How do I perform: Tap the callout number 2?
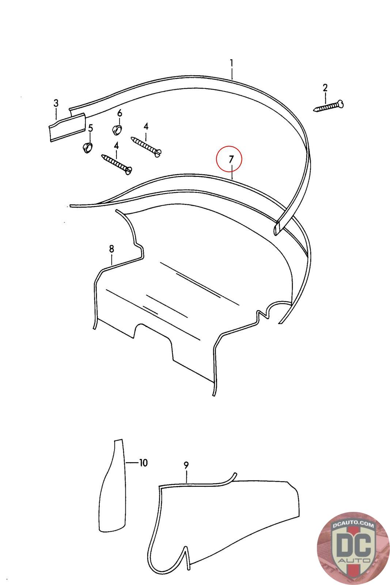point(325,88)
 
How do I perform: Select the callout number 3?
point(56,103)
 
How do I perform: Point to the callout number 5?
point(90,128)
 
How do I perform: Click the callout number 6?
point(120,113)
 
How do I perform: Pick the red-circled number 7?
point(231,159)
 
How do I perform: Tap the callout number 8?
point(111,249)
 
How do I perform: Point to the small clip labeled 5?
point(87,148)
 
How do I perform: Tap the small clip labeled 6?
point(117,130)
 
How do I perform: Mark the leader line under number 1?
point(231,73)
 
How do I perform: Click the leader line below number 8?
point(111,260)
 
